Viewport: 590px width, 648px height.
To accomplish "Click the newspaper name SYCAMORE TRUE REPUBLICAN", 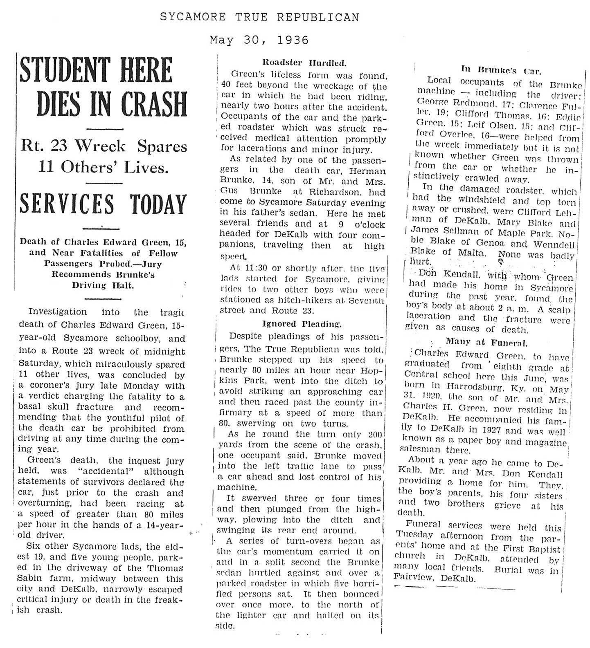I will [259, 17].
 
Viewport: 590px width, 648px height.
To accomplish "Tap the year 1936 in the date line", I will [292, 40].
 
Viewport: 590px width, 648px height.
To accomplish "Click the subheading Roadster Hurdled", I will [304, 63].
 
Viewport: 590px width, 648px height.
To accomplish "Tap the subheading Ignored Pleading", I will [302, 324].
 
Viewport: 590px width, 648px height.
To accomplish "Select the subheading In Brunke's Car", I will [501, 70].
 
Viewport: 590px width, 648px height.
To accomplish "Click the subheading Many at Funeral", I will [486, 341].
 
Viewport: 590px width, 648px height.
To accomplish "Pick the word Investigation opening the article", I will [57, 312].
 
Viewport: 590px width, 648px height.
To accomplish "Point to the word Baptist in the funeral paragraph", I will [543, 549].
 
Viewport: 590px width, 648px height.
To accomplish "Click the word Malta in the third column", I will [469, 253].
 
